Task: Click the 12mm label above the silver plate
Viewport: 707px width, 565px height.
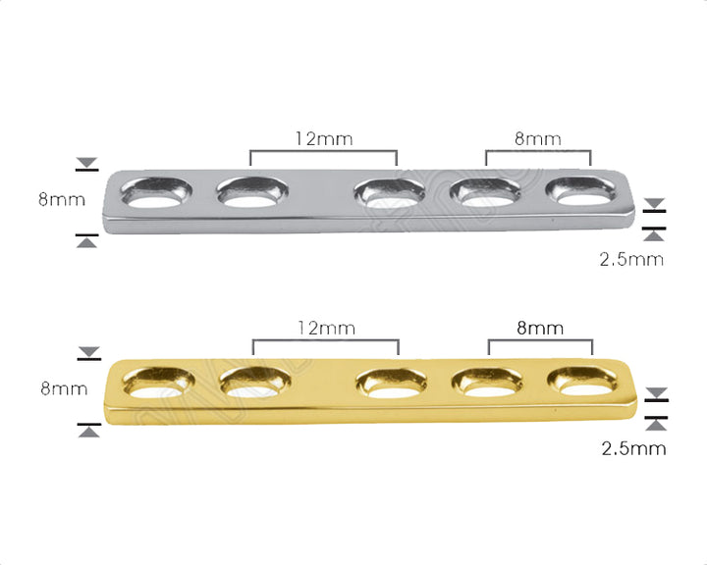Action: (x=323, y=138)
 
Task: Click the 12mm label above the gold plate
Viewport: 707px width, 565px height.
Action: (x=325, y=329)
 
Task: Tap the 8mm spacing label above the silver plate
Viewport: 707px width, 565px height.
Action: (x=538, y=138)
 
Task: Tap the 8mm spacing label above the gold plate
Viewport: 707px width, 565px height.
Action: (x=540, y=329)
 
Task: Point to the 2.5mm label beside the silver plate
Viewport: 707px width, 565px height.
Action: (x=631, y=260)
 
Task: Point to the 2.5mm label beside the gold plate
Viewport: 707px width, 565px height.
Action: (x=633, y=449)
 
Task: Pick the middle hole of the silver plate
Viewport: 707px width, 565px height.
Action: (x=391, y=192)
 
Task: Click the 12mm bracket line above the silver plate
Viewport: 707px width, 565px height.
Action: (x=323, y=151)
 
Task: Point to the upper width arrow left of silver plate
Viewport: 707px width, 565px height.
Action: (x=86, y=163)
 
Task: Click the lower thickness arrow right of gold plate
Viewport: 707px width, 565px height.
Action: (x=656, y=424)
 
